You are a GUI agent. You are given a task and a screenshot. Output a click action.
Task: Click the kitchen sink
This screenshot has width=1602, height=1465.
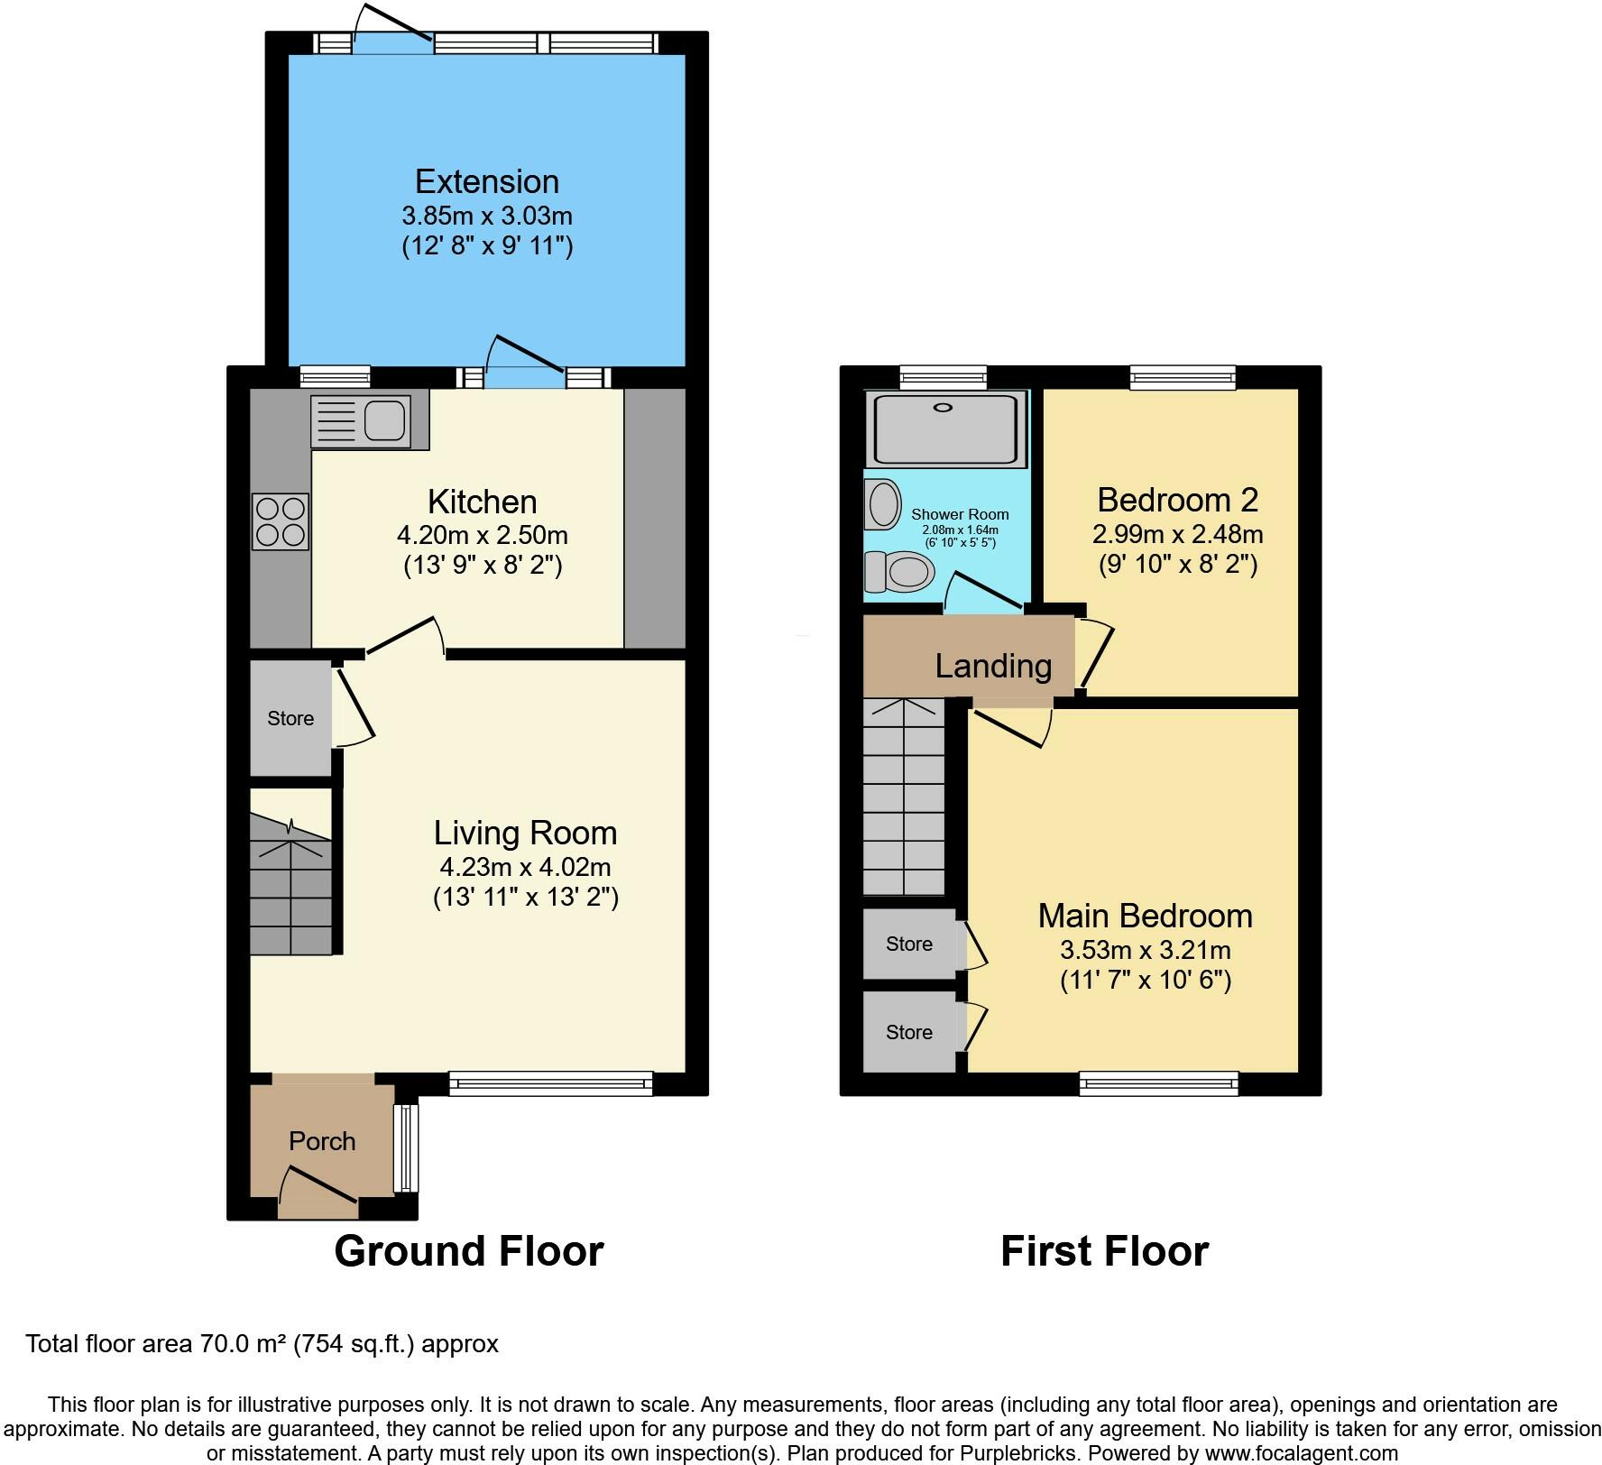tap(361, 421)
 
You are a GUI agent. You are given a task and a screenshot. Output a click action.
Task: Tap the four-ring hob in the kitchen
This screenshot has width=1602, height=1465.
tap(281, 521)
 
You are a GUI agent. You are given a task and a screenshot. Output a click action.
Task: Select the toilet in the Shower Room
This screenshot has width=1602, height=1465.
tap(898, 570)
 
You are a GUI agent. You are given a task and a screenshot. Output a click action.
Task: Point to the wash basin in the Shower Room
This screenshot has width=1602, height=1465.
tap(883, 503)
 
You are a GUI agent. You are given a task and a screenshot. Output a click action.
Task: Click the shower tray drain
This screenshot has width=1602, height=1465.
tap(943, 408)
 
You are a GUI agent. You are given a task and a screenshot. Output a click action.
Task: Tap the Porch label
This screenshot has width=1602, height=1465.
tap(322, 1141)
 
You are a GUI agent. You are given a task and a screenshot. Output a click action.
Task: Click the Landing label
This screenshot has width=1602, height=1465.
tap(993, 666)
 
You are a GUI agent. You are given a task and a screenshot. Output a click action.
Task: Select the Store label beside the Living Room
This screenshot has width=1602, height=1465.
tap(290, 718)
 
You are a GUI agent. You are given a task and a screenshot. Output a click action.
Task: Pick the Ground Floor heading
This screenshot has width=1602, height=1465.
tap(469, 1251)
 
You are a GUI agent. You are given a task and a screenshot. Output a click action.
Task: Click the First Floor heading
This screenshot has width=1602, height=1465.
tap(1105, 1251)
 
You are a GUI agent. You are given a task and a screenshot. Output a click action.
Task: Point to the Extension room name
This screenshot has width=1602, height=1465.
tap(487, 181)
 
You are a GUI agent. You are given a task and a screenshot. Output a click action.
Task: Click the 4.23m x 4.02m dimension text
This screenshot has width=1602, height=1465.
tap(526, 867)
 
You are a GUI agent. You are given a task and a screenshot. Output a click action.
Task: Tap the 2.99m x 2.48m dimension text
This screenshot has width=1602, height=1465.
tap(1178, 534)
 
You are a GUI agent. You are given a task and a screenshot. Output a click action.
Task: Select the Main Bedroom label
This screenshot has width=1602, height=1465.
tap(1146, 916)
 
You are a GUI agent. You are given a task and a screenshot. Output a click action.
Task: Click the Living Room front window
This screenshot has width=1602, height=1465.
tap(550, 1083)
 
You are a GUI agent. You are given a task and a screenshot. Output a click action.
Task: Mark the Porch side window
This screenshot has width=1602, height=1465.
tap(406, 1147)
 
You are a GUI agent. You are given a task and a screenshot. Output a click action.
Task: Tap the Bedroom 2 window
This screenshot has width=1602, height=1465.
tap(1183, 377)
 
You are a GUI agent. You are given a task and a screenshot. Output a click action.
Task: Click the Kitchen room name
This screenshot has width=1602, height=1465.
tap(483, 502)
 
